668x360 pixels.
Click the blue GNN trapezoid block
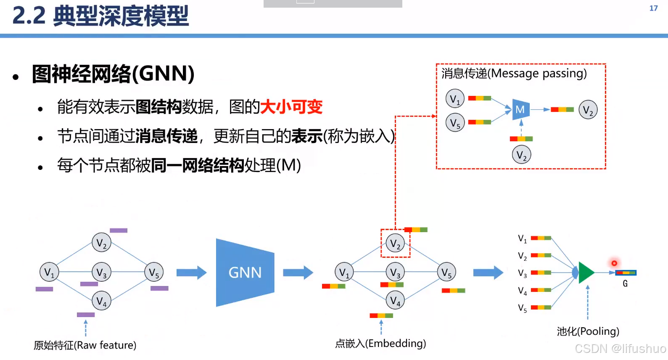[x=245, y=273]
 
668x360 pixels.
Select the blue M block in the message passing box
[x=520, y=110]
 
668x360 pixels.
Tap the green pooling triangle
[x=586, y=273]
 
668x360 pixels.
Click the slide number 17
[x=653, y=8]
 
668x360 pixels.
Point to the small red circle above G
[x=614, y=263]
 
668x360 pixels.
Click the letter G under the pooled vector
[x=625, y=284]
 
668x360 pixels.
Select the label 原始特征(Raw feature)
[x=85, y=345]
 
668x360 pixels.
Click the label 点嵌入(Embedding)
[x=380, y=344]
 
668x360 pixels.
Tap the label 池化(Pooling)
[x=588, y=331]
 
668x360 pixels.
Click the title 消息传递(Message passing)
[x=514, y=74]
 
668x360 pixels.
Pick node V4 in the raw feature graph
[x=101, y=301]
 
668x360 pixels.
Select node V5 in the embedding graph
[x=446, y=273]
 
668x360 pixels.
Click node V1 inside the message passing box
[x=455, y=99]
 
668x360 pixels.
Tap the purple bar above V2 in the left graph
[x=119, y=230]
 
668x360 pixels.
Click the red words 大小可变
[x=291, y=107]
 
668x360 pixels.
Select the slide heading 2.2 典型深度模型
[x=100, y=16]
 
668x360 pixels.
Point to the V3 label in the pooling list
[x=522, y=274]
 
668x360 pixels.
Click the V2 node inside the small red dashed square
[x=395, y=243]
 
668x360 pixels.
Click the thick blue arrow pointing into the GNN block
[x=191, y=273]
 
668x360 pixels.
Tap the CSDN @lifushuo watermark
[x=620, y=349]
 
